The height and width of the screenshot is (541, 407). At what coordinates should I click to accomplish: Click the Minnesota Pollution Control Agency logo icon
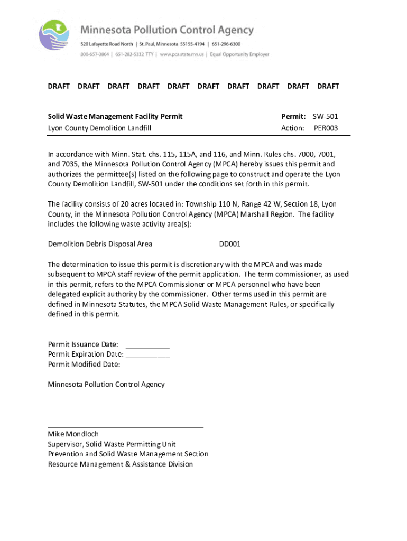coord(54,35)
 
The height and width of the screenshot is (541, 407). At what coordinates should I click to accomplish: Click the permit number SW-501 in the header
coord(325,116)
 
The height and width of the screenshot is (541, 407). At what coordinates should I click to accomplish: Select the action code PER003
coord(326,128)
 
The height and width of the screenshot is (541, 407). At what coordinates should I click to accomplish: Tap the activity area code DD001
coord(230,244)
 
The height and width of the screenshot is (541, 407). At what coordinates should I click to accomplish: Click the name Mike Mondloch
coord(73,434)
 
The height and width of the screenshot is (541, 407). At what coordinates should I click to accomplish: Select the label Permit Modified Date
coord(84,365)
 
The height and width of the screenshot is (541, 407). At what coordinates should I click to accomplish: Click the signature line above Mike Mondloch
coord(126,426)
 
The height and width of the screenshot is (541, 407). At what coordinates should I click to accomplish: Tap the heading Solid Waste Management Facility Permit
coord(115,116)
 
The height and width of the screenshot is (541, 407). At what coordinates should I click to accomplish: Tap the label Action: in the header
coord(293,128)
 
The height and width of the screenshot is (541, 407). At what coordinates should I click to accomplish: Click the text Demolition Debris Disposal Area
coord(100,244)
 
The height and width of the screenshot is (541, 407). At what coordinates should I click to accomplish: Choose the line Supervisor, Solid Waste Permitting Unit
coord(112,444)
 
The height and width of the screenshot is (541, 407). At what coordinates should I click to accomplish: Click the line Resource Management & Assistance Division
coord(121,464)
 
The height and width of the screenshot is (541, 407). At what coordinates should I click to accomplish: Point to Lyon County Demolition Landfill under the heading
coord(100,128)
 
